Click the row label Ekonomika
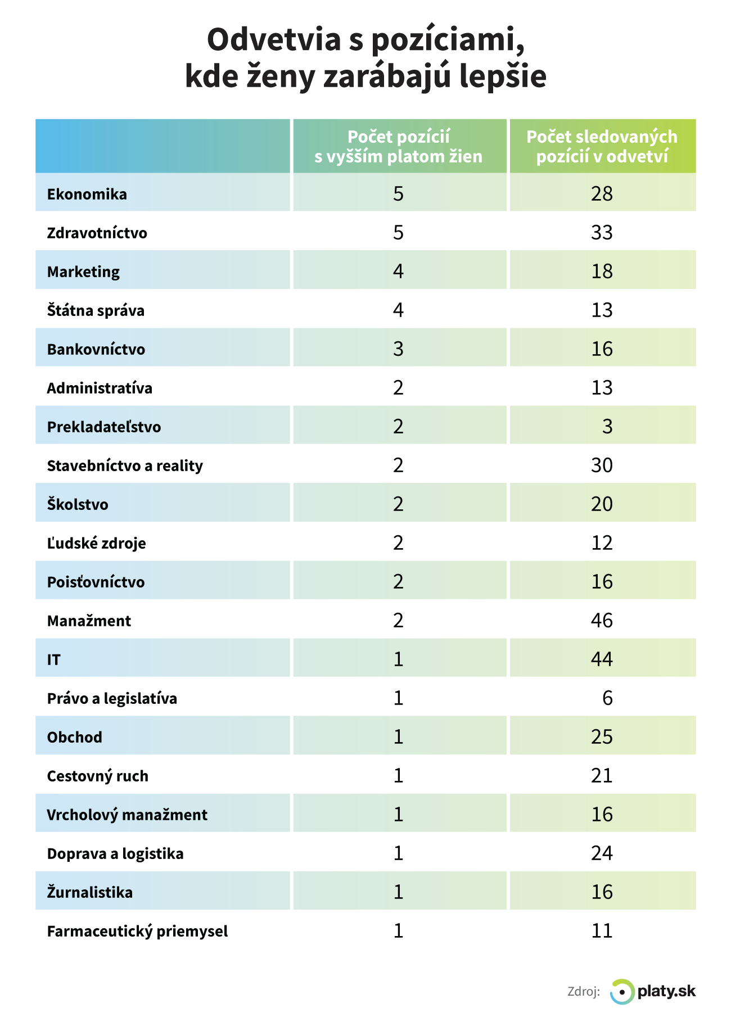pos(87,195)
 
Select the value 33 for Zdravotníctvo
pos(602,233)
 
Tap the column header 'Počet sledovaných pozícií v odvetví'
pos(602,146)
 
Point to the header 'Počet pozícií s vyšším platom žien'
pos(399,146)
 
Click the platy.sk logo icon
pos(622,991)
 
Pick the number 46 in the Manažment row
pos(602,621)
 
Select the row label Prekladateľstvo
pos(104,427)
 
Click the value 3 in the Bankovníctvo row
pos(398,349)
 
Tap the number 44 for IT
pos(602,659)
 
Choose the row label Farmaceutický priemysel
pos(137,932)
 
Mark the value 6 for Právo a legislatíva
pos(607,698)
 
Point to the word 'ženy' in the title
pos(279,76)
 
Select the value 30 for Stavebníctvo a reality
pos(602,465)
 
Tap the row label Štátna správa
pos(96,310)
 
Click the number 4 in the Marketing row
pos(398,272)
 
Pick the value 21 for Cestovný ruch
pos(602,776)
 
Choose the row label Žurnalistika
pos(90,892)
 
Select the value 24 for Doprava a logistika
pos(602,853)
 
